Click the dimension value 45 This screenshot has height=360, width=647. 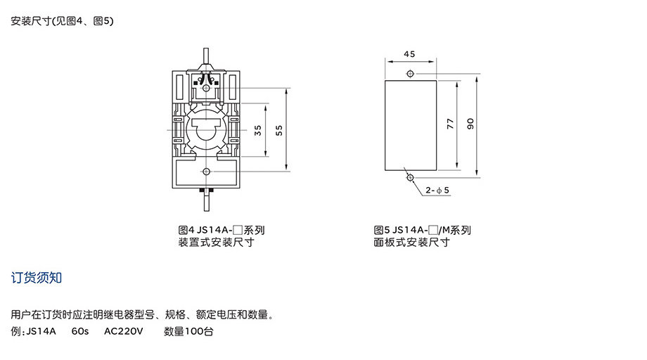409,54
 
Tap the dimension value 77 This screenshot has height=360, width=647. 450,124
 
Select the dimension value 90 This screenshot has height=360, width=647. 470,124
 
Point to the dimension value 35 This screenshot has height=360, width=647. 258,130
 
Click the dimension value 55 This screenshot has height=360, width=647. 279,130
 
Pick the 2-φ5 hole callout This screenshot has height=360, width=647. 437,190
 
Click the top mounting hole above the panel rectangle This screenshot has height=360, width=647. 410,73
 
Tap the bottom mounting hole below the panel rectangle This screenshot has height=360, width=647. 410,177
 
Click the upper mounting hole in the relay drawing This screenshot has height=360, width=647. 206,88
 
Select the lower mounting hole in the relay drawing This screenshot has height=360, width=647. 206,171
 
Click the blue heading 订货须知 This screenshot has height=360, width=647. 37,278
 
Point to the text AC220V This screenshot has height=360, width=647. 123,331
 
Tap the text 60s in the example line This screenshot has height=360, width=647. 80,331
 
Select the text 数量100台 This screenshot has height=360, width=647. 188,331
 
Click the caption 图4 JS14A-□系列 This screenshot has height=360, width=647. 221,230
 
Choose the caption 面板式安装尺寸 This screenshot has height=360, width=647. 411,242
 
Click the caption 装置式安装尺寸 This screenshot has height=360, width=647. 216,242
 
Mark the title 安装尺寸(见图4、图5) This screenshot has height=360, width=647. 62,20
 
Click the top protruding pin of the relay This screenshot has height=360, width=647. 206,56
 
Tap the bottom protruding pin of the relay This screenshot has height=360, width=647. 206,202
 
